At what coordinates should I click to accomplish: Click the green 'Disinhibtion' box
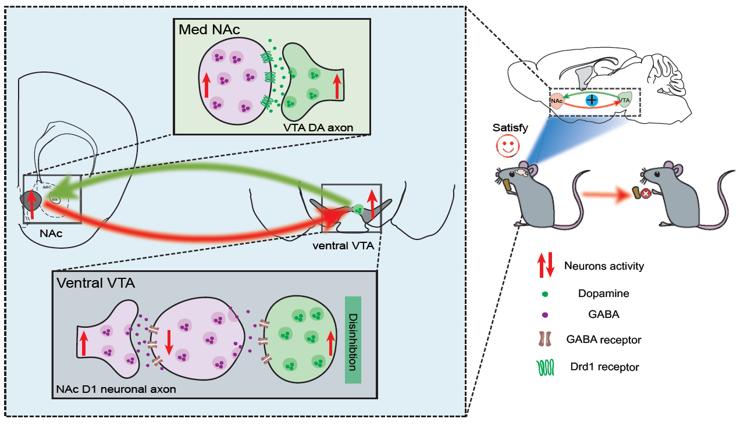353,340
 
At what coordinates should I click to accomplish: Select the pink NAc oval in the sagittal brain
557,101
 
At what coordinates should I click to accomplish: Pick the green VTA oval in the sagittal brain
625,100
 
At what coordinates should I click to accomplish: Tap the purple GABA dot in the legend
546,314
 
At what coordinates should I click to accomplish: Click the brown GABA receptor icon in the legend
546,339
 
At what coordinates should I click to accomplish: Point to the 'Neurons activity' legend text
604,266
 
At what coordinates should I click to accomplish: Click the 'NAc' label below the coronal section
51,234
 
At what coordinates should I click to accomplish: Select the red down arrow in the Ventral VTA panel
169,342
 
